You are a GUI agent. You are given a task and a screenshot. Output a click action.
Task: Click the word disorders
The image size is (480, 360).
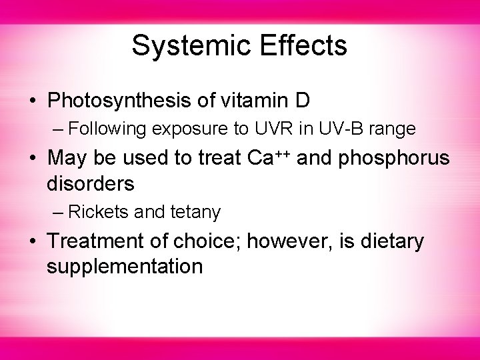89,182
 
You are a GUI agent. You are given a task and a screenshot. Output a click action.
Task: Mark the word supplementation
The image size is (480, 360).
124,267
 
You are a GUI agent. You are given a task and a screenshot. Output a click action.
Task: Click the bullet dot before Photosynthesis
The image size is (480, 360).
33,102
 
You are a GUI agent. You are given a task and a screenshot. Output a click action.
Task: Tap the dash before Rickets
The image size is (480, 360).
58,212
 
